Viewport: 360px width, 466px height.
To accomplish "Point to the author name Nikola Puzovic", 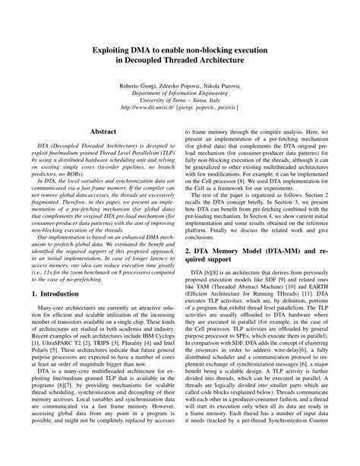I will click(x=225, y=87).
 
